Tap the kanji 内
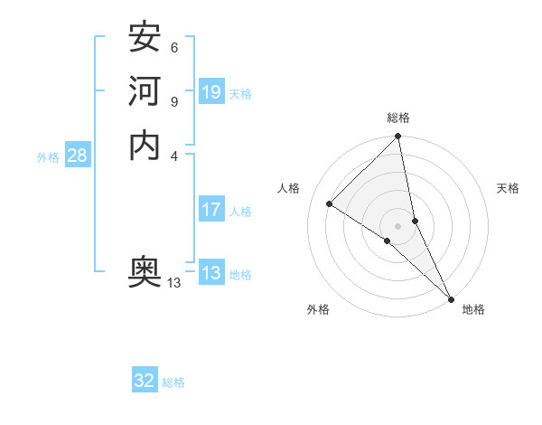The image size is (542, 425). tap(145, 145)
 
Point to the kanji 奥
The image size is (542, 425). tap(145, 272)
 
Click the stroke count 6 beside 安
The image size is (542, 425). tap(173, 48)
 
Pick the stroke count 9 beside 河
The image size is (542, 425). tap(173, 101)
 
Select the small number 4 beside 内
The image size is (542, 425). tap(173, 155)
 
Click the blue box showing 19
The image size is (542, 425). tap(211, 92)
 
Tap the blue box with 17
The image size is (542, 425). tap(211, 211)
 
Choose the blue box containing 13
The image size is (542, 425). tap(211, 274)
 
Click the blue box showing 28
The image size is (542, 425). tap(77, 156)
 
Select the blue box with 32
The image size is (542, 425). tap(145, 381)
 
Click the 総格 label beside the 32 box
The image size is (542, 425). tap(173, 382)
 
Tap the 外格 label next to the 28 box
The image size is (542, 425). tap(48, 157)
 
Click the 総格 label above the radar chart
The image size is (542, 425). tap(398, 118)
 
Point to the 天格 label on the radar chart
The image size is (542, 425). tap(508, 188)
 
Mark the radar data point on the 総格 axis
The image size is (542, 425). tap(398, 137)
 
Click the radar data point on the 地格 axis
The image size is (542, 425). tap(450, 297)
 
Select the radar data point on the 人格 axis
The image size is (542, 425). tap(330, 204)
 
